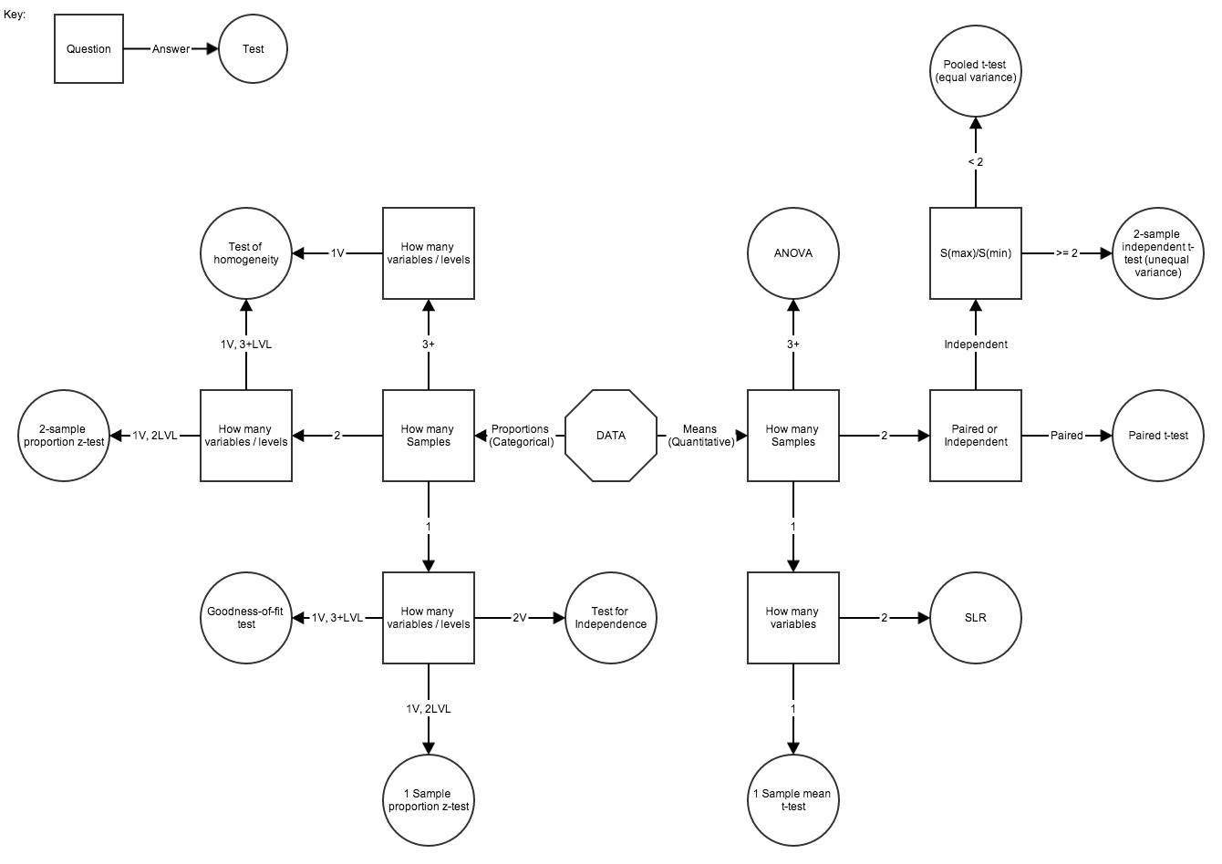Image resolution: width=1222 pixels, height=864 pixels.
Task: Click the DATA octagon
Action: pos(611,436)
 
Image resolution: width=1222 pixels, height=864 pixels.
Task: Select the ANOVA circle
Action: pos(793,253)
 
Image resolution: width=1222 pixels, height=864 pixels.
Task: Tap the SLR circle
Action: pos(976,618)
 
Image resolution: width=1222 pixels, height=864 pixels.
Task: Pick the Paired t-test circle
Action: pos(1158,436)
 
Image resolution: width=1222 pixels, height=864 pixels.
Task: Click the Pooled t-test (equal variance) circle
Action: pos(976,71)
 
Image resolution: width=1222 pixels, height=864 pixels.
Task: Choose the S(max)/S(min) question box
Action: pos(976,253)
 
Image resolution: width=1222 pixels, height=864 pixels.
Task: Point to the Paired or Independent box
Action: pos(976,436)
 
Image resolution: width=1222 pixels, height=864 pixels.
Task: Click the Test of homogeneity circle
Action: pos(246,253)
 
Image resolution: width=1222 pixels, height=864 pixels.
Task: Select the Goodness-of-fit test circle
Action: pos(246,618)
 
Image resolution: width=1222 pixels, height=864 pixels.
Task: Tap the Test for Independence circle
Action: pos(611,618)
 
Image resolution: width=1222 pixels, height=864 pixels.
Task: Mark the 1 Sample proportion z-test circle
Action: pos(429,800)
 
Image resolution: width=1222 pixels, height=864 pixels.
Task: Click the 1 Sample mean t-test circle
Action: pos(793,800)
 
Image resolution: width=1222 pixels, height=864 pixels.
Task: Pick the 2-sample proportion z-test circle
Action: pos(64,436)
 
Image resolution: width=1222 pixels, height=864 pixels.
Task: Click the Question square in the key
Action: pos(88,49)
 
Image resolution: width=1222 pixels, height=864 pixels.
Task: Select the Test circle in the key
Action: pos(254,49)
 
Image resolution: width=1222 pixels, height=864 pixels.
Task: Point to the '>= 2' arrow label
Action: pos(1067,253)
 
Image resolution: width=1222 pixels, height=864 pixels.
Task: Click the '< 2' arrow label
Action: pos(976,161)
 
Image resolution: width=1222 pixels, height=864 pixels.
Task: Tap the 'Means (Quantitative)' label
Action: pos(700,436)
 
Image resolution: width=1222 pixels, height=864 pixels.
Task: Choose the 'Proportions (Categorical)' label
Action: pos(521,436)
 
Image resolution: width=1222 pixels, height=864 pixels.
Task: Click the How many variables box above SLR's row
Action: pos(793,618)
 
